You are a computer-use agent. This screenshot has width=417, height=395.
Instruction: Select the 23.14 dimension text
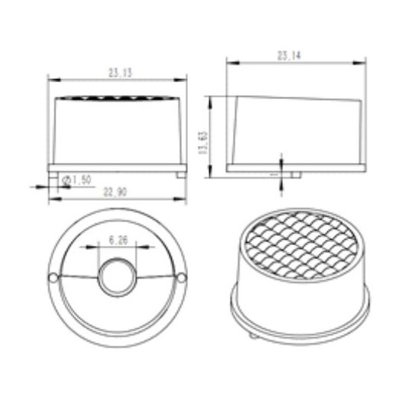290,56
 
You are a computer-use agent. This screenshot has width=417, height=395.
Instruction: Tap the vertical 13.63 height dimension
203,141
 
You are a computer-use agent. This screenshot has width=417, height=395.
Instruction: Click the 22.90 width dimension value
115,195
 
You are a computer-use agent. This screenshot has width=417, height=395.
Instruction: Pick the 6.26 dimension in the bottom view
118,240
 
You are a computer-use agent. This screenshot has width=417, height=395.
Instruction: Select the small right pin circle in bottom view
183,277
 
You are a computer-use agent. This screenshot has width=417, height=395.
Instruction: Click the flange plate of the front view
117,166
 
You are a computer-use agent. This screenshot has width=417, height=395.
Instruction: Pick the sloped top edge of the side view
297,98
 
